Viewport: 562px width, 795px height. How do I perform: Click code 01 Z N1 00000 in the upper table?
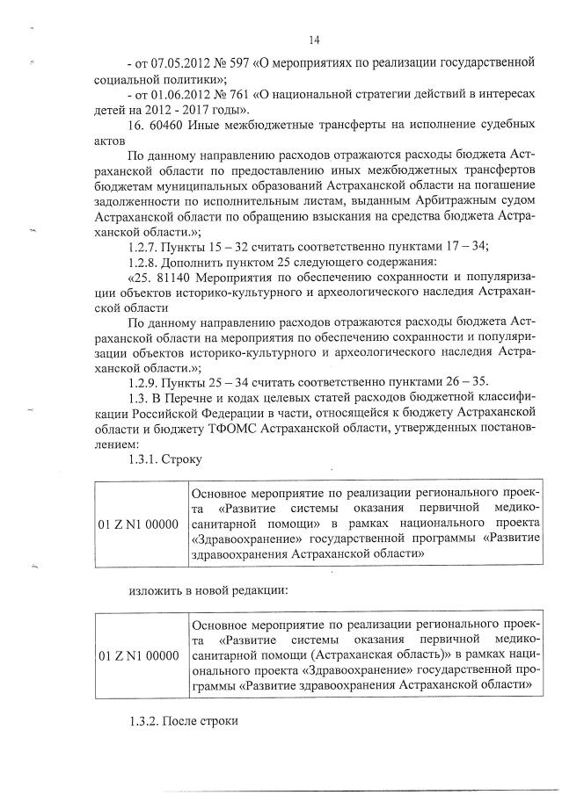click(x=139, y=524)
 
